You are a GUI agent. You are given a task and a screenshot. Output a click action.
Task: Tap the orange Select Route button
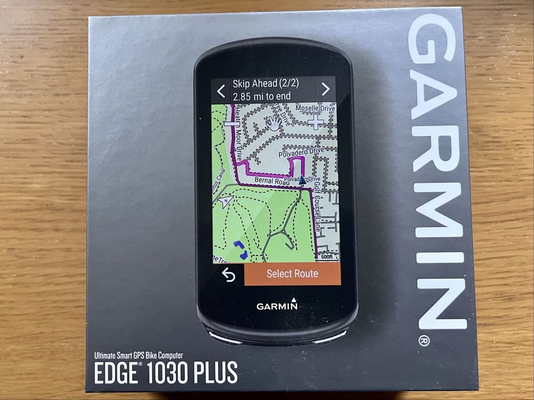pyautogui.click(x=292, y=274)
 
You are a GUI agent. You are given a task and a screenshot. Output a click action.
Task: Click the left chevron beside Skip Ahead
pyautogui.click(x=221, y=90)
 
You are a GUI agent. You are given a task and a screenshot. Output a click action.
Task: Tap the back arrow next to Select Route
pyautogui.click(x=228, y=275)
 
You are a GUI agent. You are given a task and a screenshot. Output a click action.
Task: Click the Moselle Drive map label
pyautogui.click(x=314, y=108)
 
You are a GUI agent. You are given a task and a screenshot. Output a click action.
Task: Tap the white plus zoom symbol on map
pyautogui.click(x=315, y=122)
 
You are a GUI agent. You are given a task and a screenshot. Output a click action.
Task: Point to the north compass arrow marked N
pyautogui.click(x=227, y=200)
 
